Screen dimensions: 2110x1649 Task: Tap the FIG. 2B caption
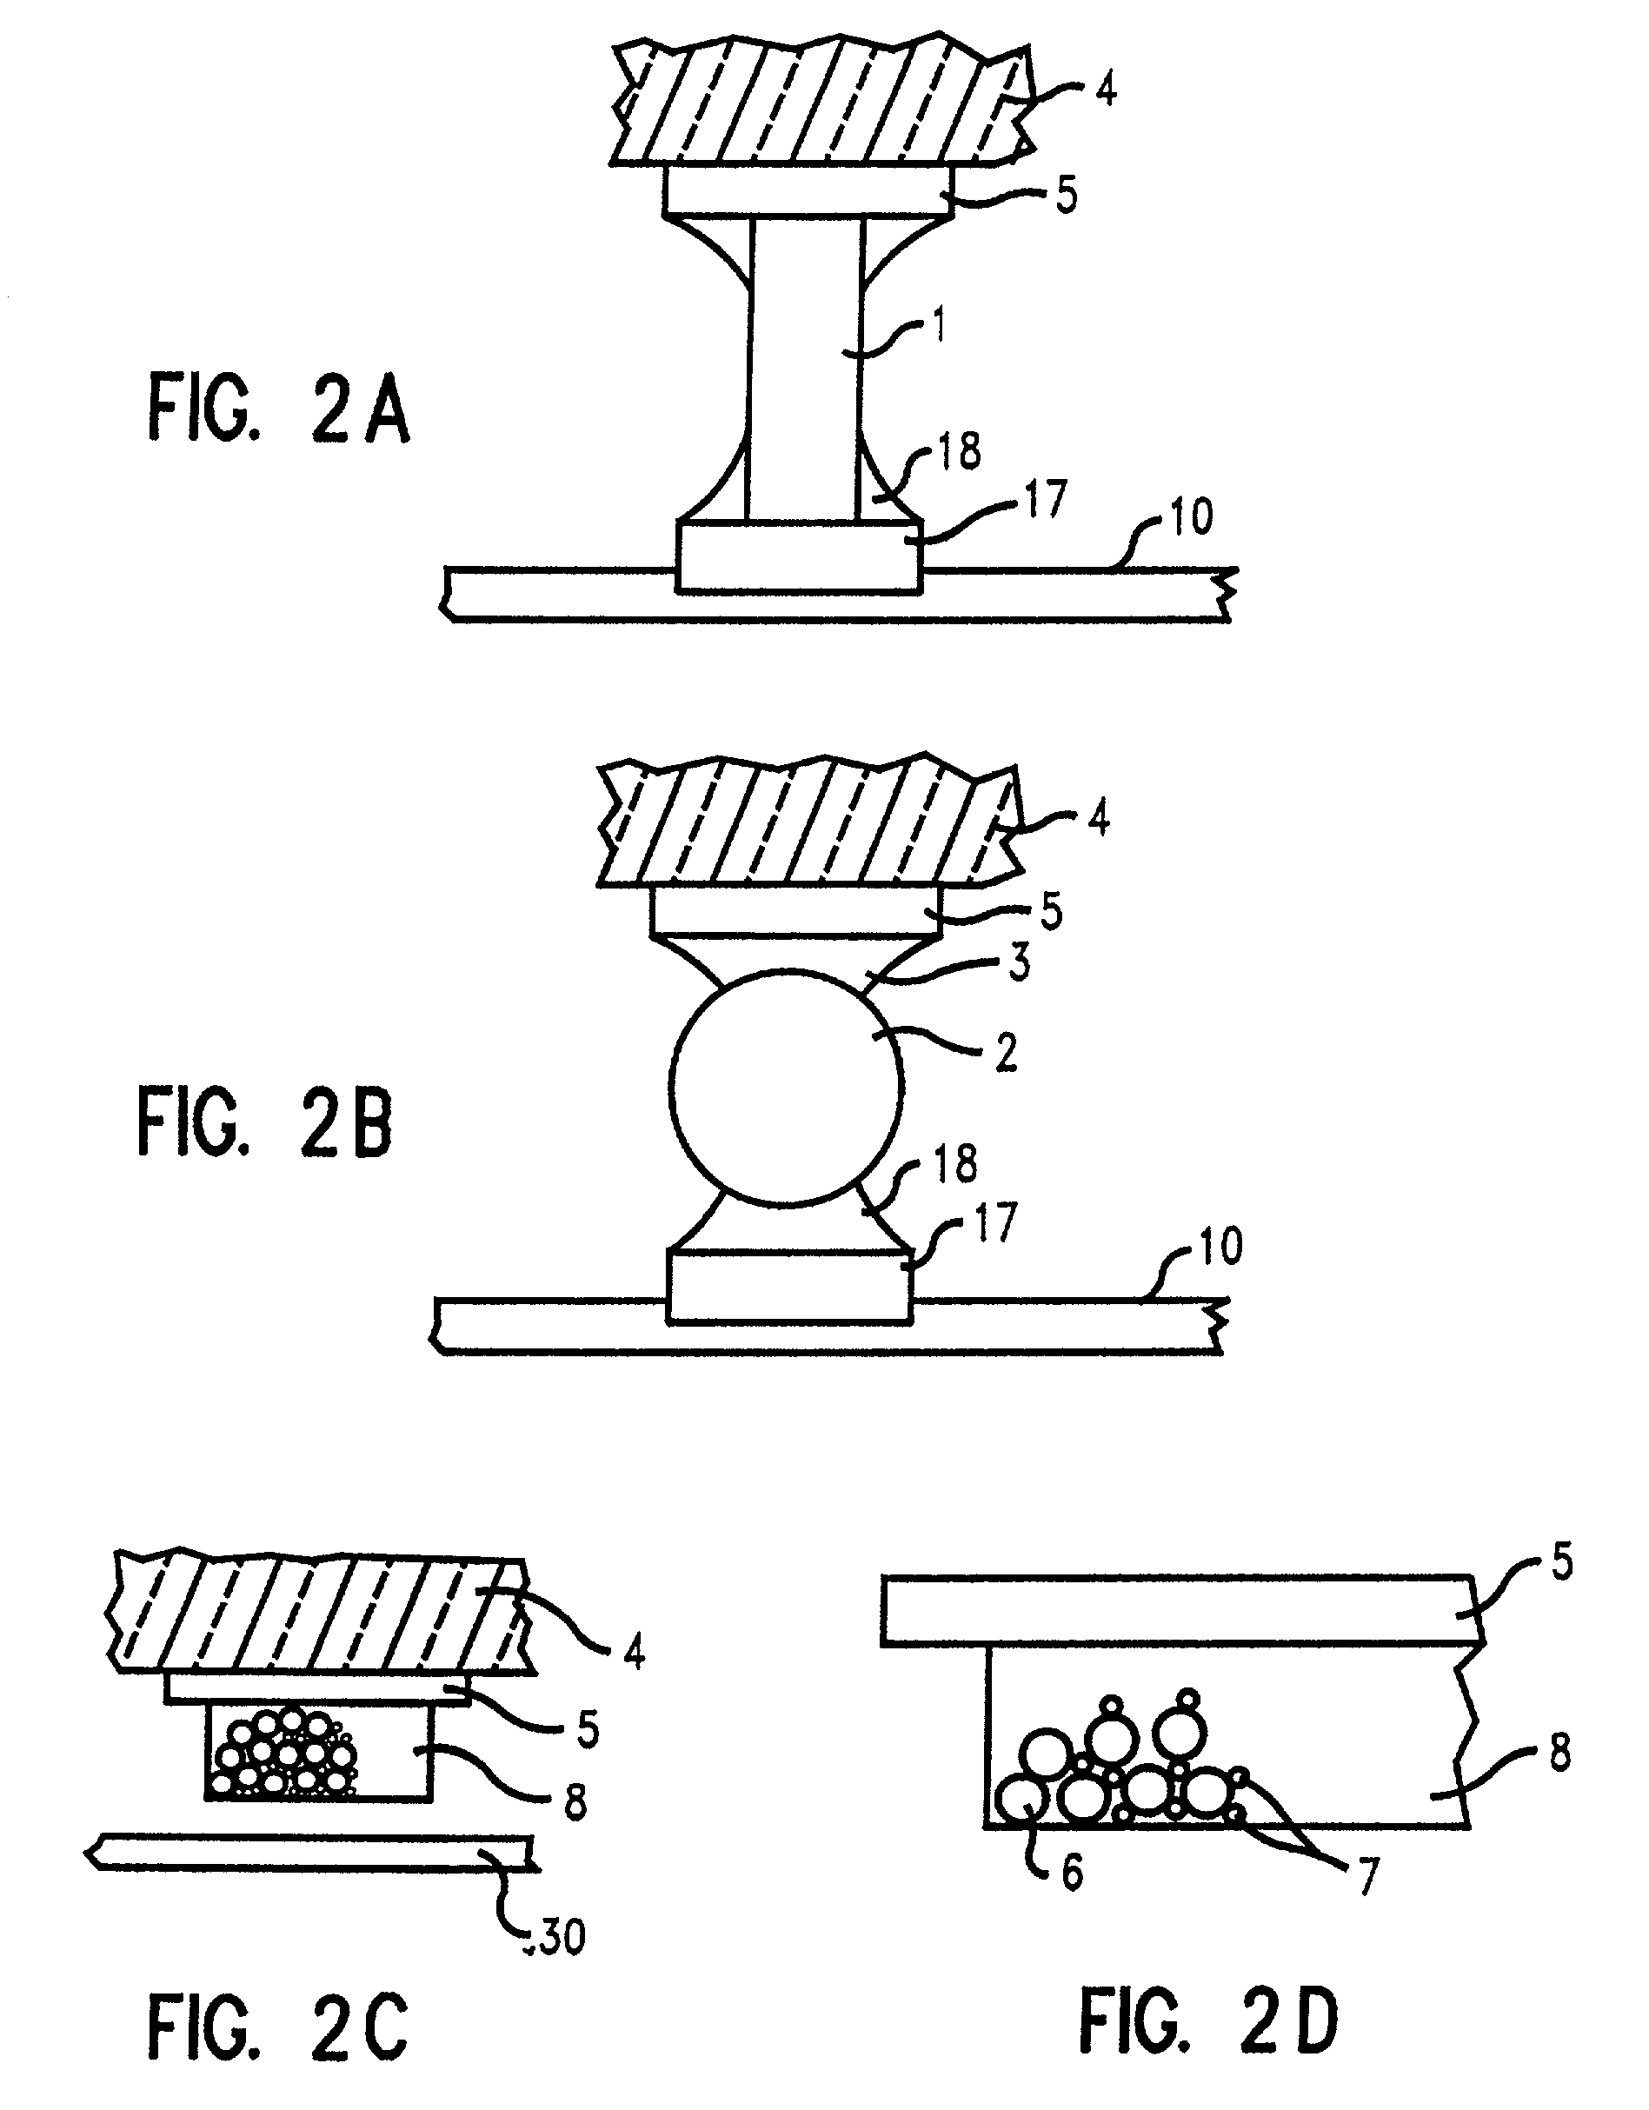click(266, 1122)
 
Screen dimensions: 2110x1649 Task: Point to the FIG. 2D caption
click(1208, 2018)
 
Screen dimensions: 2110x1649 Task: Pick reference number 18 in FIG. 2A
click(960, 451)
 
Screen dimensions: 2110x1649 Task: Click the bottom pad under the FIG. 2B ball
click(788, 1286)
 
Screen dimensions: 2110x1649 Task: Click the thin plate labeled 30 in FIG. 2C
click(309, 1851)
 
